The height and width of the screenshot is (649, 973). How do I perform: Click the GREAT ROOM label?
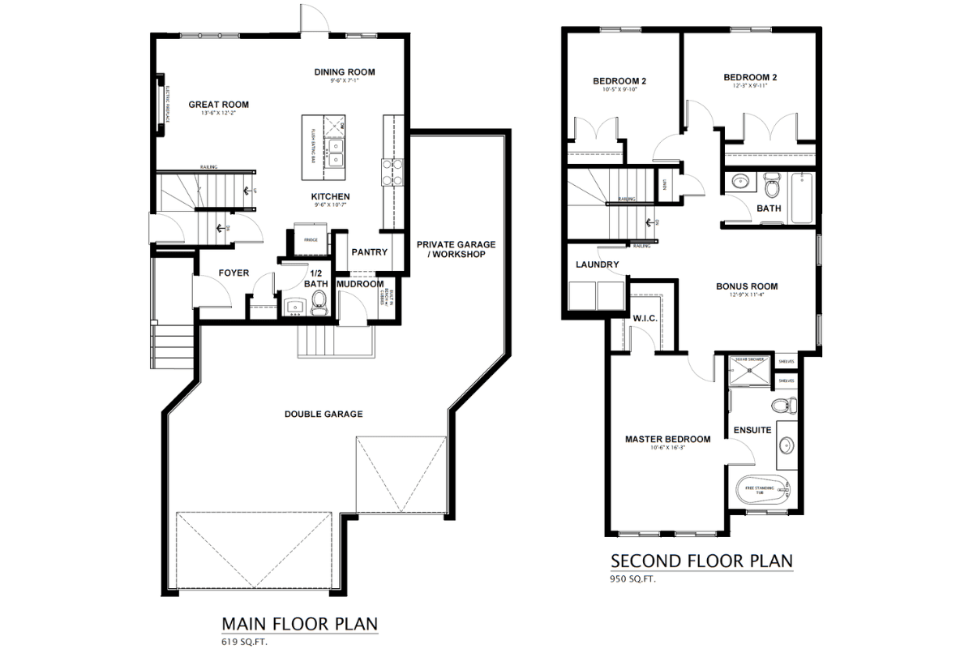coord(218,104)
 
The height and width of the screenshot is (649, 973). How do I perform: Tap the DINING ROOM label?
coord(345,72)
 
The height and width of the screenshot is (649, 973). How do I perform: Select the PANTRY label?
coord(369,252)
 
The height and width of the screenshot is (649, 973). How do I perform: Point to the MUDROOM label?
coord(359,284)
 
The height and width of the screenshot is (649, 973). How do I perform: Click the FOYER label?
coord(234,273)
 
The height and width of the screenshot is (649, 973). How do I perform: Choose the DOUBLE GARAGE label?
coord(323,414)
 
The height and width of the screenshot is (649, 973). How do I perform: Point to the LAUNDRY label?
coord(597,264)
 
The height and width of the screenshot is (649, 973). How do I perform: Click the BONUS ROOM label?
coord(746,286)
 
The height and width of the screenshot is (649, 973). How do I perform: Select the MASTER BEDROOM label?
coord(667,439)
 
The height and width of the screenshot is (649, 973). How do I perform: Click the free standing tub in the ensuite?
coord(761,490)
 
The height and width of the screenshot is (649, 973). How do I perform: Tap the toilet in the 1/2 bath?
coord(319,304)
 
